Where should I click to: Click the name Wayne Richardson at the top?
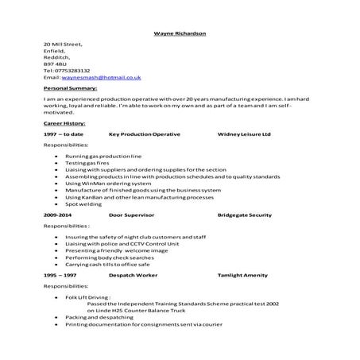(180, 33)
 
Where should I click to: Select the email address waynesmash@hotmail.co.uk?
(100, 77)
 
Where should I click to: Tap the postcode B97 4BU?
(56, 64)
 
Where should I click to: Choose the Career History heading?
(64, 123)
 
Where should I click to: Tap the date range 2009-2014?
(58, 215)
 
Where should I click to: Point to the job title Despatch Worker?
(133, 274)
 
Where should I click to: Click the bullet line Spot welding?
(84, 204)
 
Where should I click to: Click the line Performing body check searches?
(110, 257)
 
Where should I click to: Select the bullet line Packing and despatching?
(99, 317)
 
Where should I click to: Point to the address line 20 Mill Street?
(64, 45)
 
